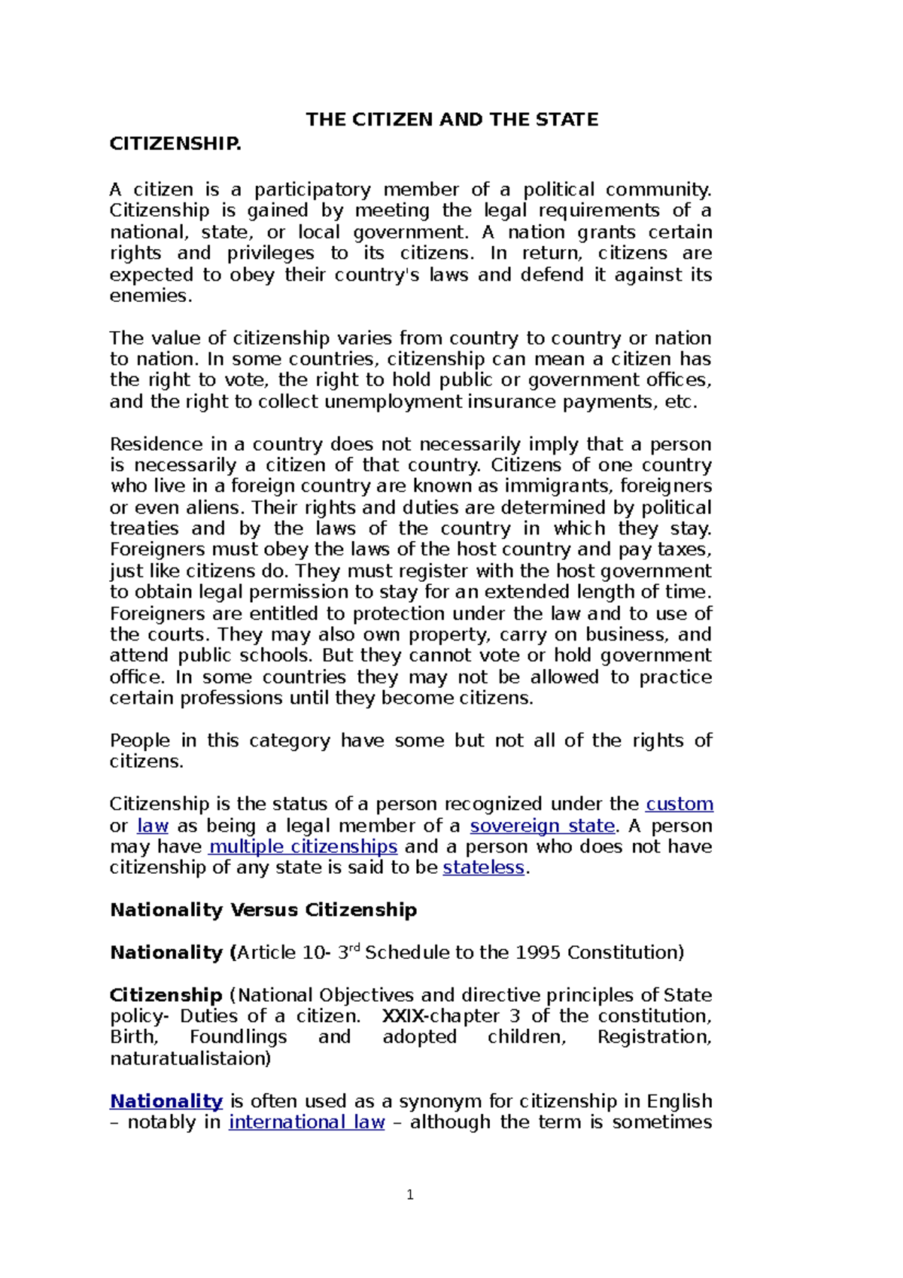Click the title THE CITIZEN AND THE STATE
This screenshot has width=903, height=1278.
[451, 120]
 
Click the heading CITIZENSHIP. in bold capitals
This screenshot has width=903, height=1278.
[175, 144]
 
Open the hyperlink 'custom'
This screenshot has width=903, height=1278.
[679, 804]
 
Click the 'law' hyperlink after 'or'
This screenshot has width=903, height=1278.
[152, 826]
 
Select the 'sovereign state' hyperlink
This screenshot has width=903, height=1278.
[542, 826]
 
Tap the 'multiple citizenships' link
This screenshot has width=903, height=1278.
[303, 847]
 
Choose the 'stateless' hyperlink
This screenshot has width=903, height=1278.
[483, 868]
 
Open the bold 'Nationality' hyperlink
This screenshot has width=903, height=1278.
[166, 1101]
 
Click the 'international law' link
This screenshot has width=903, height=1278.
[306, 1122]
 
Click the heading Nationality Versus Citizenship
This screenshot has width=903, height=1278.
[263, 910]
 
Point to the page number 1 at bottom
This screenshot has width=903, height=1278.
[410, 1194]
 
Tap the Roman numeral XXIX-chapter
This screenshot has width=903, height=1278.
[440, 1016]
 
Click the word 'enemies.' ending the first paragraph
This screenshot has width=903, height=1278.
[150, 296]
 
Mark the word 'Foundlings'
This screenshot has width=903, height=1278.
[238, 1037]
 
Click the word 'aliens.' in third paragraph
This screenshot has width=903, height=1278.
[219, 507]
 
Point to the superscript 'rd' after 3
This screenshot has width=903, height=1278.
[356, 947]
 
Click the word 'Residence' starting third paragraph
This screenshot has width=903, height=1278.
[154, 444]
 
